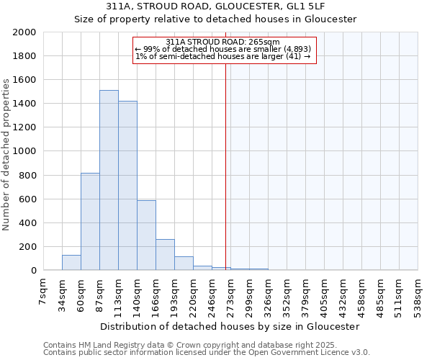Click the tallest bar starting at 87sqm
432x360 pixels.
click(x=109, y=180)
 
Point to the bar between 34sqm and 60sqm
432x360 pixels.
click(x=71, y=263)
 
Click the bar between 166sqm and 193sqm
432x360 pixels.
click(x=165, y=255)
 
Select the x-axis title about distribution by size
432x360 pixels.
click(x=230, y=327)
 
